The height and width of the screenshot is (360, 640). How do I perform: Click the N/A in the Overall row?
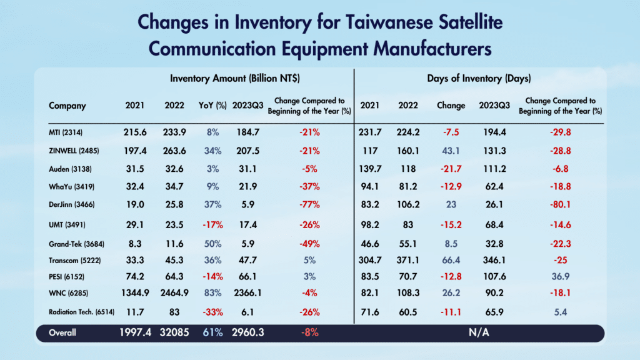(x=478, y=333)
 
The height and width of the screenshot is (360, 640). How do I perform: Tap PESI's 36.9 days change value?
(x=561, y=276)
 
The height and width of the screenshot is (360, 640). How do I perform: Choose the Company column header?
(x=67, y=106)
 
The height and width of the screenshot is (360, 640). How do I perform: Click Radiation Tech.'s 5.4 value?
(x=561, y=311)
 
